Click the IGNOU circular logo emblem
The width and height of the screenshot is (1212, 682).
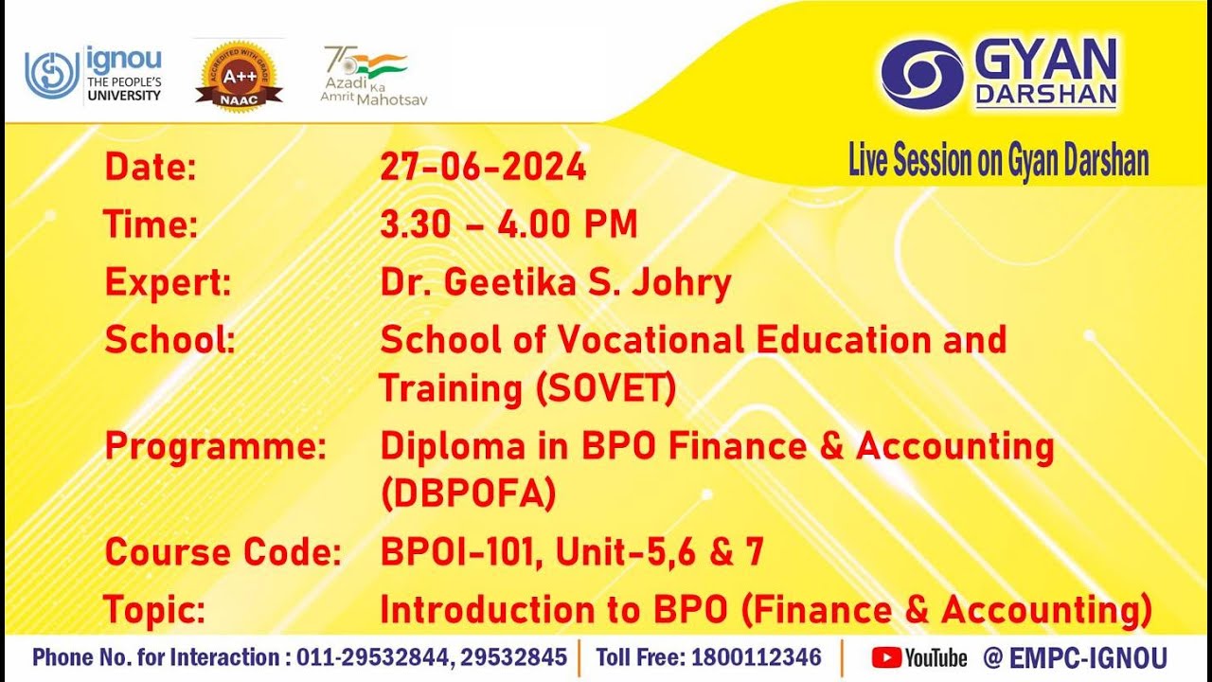(53, 75)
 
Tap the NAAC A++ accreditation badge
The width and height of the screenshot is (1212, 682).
(239, 76)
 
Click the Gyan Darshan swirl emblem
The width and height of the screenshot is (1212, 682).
(921, 74)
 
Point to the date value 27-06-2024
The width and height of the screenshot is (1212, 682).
(483, 168)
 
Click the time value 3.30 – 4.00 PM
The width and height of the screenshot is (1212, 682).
(508, 224)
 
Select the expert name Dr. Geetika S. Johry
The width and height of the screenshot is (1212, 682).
(555, 282)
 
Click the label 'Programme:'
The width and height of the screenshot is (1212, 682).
(215, 446)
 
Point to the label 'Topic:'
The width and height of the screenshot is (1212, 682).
(154, 610)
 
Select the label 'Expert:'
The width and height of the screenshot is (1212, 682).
(168, 282)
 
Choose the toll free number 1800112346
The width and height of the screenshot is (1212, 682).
(757, 657)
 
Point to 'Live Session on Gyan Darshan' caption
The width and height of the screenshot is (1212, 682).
(998, 162)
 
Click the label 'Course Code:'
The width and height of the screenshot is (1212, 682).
(223, 552)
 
